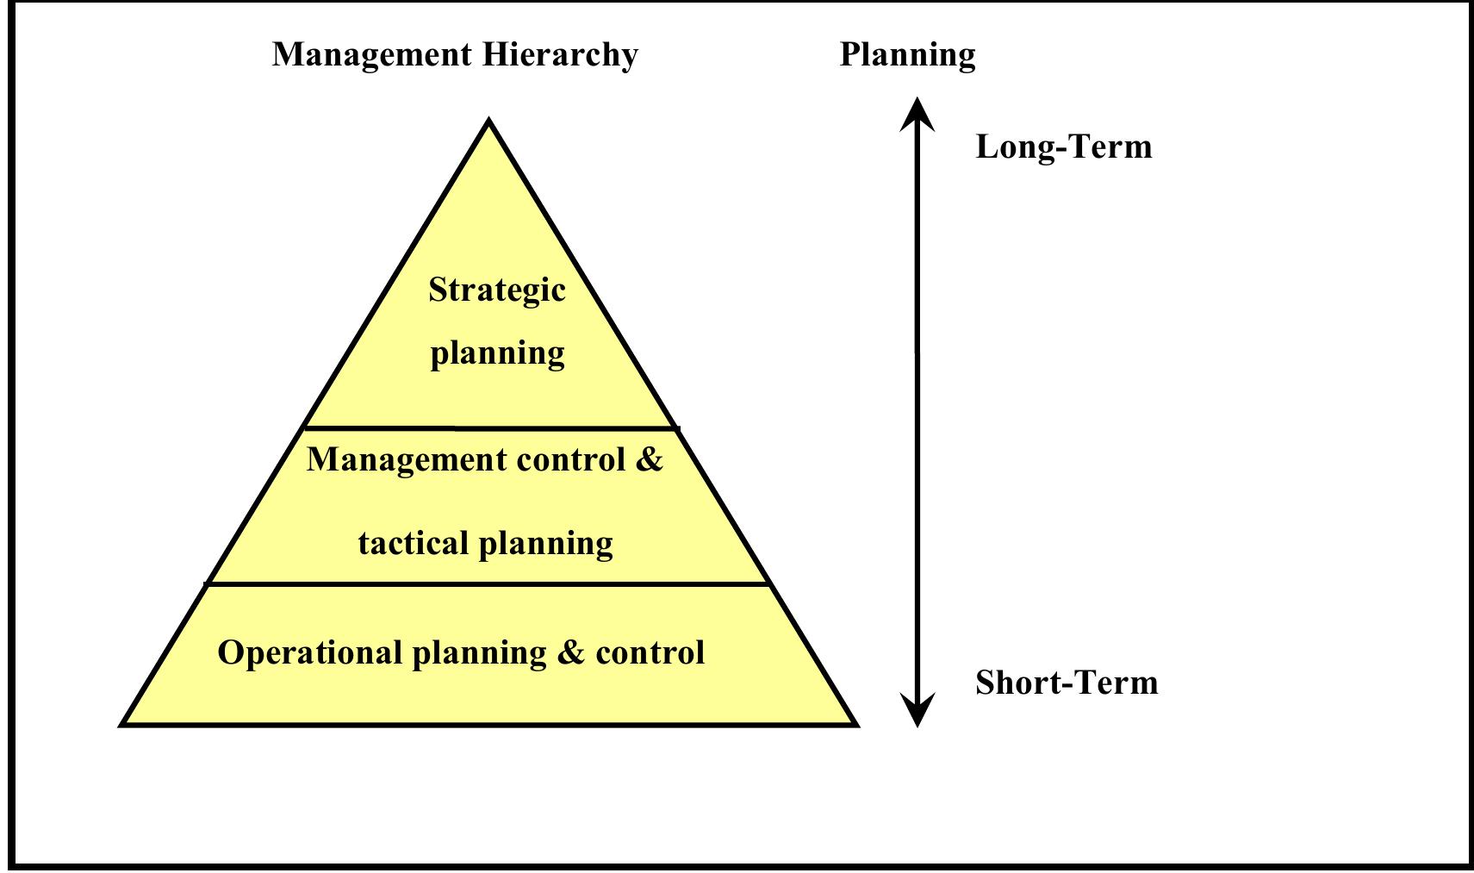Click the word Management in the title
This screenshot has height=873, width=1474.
click(371, 54)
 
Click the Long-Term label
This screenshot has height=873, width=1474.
click(1063, 147)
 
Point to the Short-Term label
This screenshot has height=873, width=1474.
click(1067, 683)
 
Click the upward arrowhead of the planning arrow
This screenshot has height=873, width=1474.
click(917, 112)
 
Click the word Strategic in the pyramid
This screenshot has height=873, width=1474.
click(497, 290)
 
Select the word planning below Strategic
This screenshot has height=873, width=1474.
click(497, 353)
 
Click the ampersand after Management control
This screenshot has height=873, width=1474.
click(650, 458)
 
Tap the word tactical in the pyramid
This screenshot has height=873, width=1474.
click(414, 544)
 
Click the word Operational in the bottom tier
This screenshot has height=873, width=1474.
click(309, 652)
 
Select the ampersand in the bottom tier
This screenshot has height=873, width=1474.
click(570, 652)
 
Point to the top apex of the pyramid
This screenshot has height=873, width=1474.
click(489, 122)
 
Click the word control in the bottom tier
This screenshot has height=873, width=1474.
click(650, 652)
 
